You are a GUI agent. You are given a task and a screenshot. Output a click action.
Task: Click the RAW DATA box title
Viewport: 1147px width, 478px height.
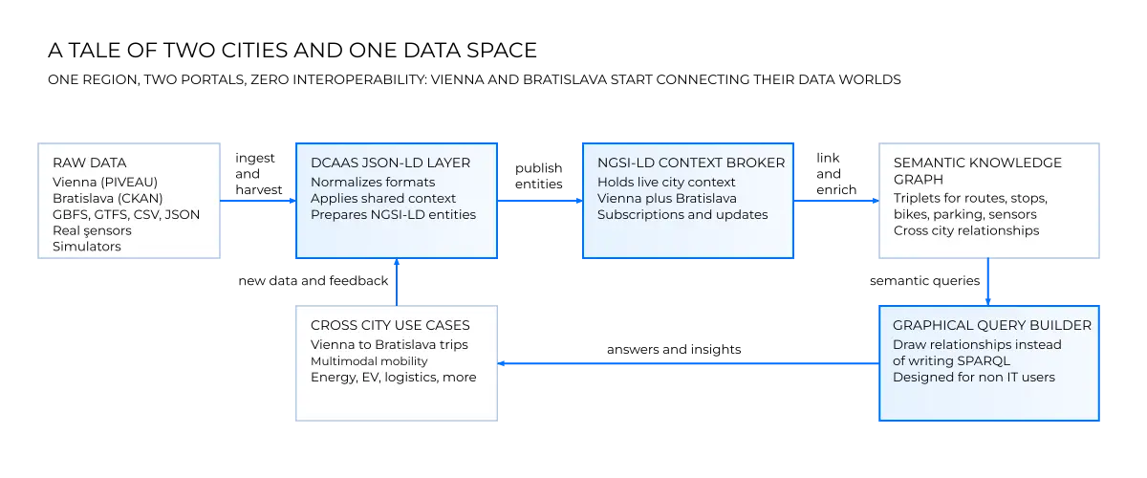pos(89,163)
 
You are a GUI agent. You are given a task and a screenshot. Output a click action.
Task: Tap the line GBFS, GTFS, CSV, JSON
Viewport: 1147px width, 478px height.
pos(126,214)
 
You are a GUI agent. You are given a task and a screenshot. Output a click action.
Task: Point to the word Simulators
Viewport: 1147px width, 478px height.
pos(87,247)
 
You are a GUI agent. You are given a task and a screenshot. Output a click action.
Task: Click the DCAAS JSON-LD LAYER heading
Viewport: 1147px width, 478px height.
pos(390,163)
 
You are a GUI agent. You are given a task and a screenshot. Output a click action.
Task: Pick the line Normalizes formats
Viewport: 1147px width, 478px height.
pos(373,182)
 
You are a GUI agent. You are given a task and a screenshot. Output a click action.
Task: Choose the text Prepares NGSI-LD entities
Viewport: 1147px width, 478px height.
pos(393,214)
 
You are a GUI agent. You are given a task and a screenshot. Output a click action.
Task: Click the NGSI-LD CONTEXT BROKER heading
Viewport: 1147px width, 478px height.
pos(691,163)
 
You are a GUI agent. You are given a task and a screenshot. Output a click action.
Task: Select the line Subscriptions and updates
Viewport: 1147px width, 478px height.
pos(682,214)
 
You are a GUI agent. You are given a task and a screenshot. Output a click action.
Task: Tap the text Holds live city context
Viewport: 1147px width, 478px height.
pos(666,182)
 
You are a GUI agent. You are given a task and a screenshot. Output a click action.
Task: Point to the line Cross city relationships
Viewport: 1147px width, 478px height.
pos(966,230)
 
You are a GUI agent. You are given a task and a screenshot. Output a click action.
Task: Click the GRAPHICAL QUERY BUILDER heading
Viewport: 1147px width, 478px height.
pos(992,325)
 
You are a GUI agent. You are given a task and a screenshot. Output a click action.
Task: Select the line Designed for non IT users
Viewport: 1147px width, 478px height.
pos(974,377)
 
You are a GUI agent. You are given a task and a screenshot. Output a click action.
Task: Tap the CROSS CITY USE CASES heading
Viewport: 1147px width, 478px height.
pos(390,325)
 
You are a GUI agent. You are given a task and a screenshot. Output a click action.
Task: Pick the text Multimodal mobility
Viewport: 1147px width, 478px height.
pos(369,361)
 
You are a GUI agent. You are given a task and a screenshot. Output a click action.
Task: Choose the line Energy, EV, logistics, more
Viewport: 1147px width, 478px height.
pos(393,377)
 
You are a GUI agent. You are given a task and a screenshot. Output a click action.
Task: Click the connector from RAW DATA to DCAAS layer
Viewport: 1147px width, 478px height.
pos(257,201)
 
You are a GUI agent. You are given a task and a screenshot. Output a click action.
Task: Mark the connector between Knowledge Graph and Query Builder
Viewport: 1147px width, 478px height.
pos(988,281)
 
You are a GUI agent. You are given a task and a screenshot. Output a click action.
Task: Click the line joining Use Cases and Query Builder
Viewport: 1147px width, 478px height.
pos(688,363)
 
